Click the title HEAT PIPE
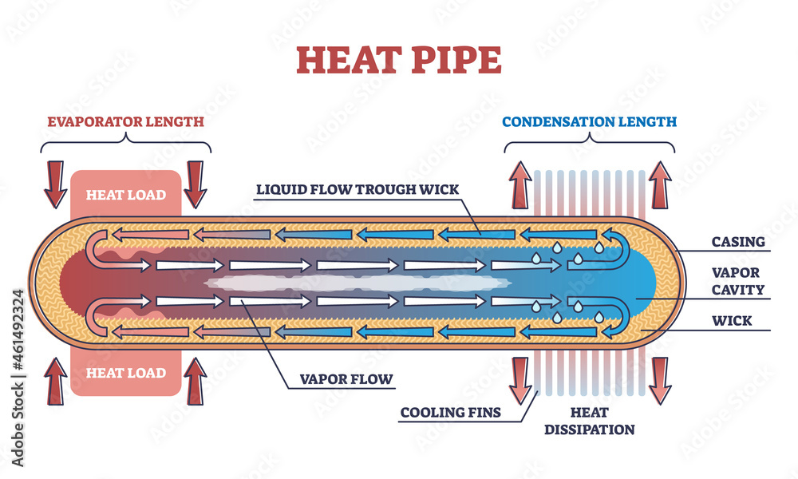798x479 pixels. [x=399, y=59]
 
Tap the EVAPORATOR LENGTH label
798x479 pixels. [x=125, y=121]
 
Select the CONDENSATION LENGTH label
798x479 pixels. [x=590, y=121]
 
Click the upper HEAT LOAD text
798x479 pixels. [x=126, y=195]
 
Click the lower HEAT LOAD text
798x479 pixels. [x=126, y=373]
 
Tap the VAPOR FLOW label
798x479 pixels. [x=346, y=379]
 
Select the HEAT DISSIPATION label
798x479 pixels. [x=590, y=421]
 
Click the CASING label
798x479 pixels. [x=739, y=241]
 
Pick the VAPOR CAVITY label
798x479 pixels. [x=739, y=281]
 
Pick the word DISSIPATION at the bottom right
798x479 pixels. [x=590, y=430]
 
